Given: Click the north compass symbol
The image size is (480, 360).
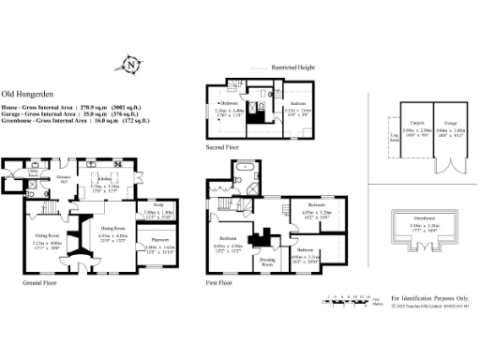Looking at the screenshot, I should [132, 65].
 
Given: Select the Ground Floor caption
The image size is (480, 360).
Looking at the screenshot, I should [38, 281].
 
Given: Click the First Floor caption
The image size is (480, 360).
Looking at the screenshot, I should [221, 281].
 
